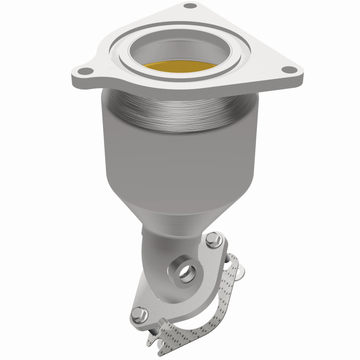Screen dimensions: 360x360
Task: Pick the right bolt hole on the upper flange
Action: click(284, 70)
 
